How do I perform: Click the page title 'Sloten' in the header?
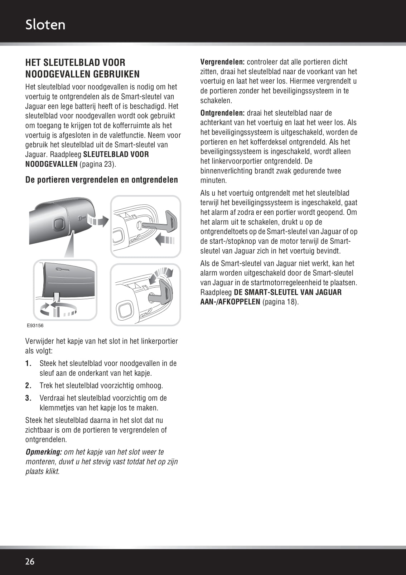[45, 25]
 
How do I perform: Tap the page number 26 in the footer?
[30, 561]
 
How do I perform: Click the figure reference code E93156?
[35, 326]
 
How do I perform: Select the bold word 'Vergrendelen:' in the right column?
[222, 62]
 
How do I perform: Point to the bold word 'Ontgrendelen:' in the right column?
[222, 113]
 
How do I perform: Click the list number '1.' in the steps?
[29, 364]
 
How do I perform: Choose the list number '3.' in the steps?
[29, 398]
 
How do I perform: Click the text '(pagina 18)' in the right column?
[280, 302]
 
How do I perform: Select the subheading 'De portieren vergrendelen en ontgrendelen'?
[101, 180]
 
